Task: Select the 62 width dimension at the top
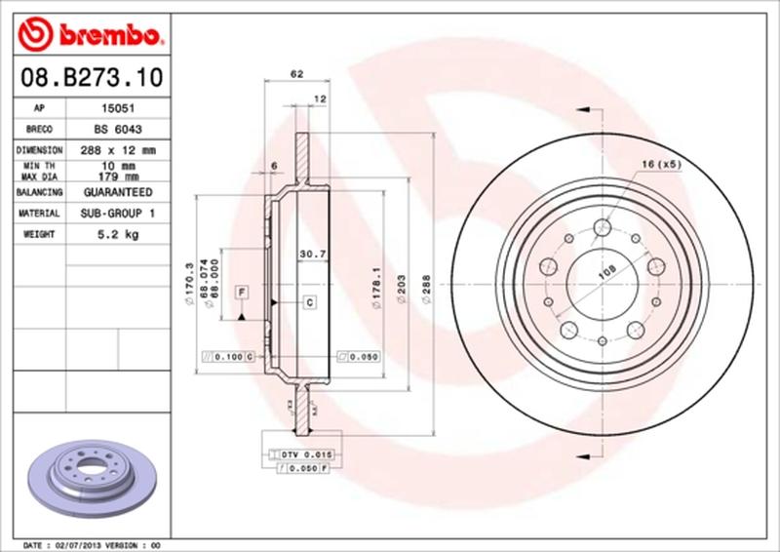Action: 295,74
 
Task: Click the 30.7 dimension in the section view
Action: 310,256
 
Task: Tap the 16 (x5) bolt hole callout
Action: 662,164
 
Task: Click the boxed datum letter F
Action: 240,292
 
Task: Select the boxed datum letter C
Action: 309,302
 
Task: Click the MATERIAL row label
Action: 40,213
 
